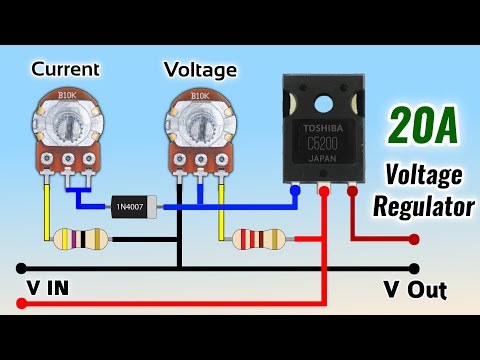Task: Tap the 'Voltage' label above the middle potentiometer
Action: [201, 70]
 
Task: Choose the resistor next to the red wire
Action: [258, 240]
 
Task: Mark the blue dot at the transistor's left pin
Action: [295, 189]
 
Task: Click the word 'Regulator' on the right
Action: [424, 208]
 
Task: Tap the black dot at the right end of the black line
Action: [415, 269]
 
